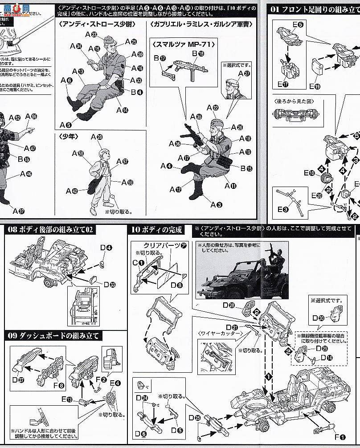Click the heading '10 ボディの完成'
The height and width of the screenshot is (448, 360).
[x=156, y=230]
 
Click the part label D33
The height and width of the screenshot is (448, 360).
[x=109, y=284]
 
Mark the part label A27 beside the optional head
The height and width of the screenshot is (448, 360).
[x=243, y=74]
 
